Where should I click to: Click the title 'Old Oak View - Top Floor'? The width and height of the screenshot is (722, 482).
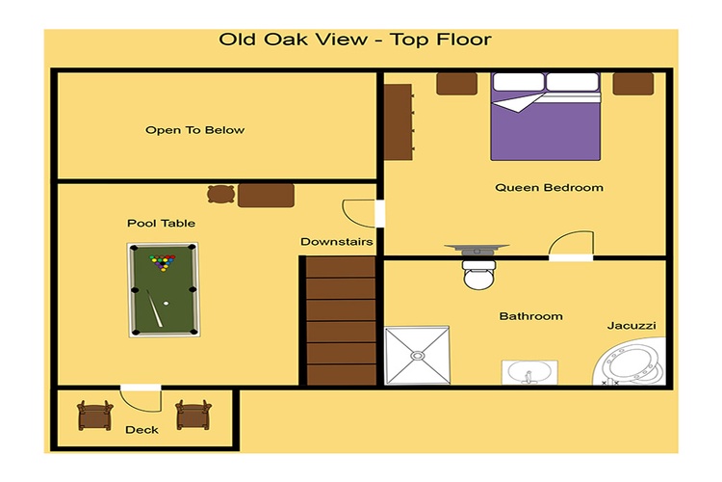tap(355, 40)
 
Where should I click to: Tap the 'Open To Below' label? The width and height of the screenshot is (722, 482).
tap(194, 130)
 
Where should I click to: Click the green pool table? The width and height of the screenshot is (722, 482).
tap(164, 289)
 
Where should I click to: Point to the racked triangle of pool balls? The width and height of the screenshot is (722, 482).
tap(163, 262)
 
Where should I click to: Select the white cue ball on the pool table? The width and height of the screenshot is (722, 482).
tap(166, 304)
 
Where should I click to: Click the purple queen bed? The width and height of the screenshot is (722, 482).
tap(546, 117)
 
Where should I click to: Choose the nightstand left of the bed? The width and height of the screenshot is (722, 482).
tap(456, 84)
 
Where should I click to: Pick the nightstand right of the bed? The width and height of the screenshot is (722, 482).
tap(633, 84)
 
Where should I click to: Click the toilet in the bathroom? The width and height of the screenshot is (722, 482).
tap(479, 275)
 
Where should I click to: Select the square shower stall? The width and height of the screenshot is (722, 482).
tap(417, 355)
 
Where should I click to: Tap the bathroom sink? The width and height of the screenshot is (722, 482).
tap(529, 372)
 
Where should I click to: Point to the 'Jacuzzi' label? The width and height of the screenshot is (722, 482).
tap(632, 326)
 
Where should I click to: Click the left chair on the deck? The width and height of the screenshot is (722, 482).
tap(95, 415)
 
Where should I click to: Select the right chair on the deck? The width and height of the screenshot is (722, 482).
tap(193, 415)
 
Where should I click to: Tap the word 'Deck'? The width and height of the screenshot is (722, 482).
tap(142, 430)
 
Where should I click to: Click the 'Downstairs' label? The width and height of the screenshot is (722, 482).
tap(337, 242)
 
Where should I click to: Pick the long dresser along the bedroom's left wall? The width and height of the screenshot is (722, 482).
tap(399, 122)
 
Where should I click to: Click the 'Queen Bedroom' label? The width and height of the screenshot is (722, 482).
tap(549, 188)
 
